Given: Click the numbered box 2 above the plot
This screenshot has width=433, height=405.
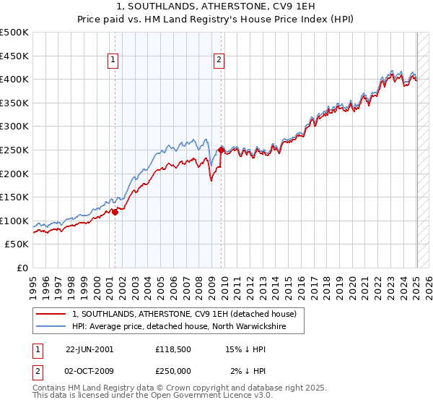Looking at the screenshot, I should [218, 61].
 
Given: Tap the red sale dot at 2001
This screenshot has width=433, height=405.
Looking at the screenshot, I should [115, 212].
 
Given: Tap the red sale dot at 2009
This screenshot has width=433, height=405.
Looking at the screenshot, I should [221, 150].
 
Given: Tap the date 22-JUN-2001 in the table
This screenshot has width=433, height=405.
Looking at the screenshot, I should [89, 349].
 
